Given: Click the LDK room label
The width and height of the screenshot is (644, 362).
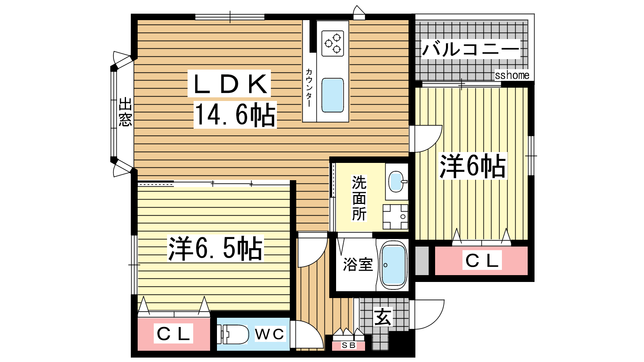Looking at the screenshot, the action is coord(229,84).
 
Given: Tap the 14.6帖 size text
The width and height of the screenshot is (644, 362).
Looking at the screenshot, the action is coord(235,115).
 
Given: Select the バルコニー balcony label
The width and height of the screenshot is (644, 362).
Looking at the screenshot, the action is coord(471,49).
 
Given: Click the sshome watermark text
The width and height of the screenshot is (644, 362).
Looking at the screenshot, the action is coord(512,75).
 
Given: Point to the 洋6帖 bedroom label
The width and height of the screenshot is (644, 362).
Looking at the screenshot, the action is coord(473,166).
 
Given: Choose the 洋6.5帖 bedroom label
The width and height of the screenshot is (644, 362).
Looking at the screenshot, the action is coord(215,248).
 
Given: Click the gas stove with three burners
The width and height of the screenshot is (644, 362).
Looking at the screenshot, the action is coord(332,43).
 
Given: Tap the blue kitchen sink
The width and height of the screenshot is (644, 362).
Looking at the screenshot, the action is coord(332,95).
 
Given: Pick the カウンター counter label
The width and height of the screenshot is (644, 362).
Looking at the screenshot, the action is coord(309,87).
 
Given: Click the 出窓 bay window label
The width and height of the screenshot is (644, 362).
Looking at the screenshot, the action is coord(125,112).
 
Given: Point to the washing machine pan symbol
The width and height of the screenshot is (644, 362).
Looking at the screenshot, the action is coord(395,217).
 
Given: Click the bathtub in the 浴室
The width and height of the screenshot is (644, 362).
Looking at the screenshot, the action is coord(393,265).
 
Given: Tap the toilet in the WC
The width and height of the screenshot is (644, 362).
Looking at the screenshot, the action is coord(233,334).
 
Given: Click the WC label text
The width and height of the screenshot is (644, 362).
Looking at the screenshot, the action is coord(270,334).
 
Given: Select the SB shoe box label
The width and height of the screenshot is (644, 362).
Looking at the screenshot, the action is coord(349,346).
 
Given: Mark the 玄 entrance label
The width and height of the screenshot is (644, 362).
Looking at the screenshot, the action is coord(383,317).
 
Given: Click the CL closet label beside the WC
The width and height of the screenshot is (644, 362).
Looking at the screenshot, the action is coord(173,333).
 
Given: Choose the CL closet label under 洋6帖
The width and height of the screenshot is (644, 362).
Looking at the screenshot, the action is coord(482,260).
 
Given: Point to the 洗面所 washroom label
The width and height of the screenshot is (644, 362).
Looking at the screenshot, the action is coord(359,198).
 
